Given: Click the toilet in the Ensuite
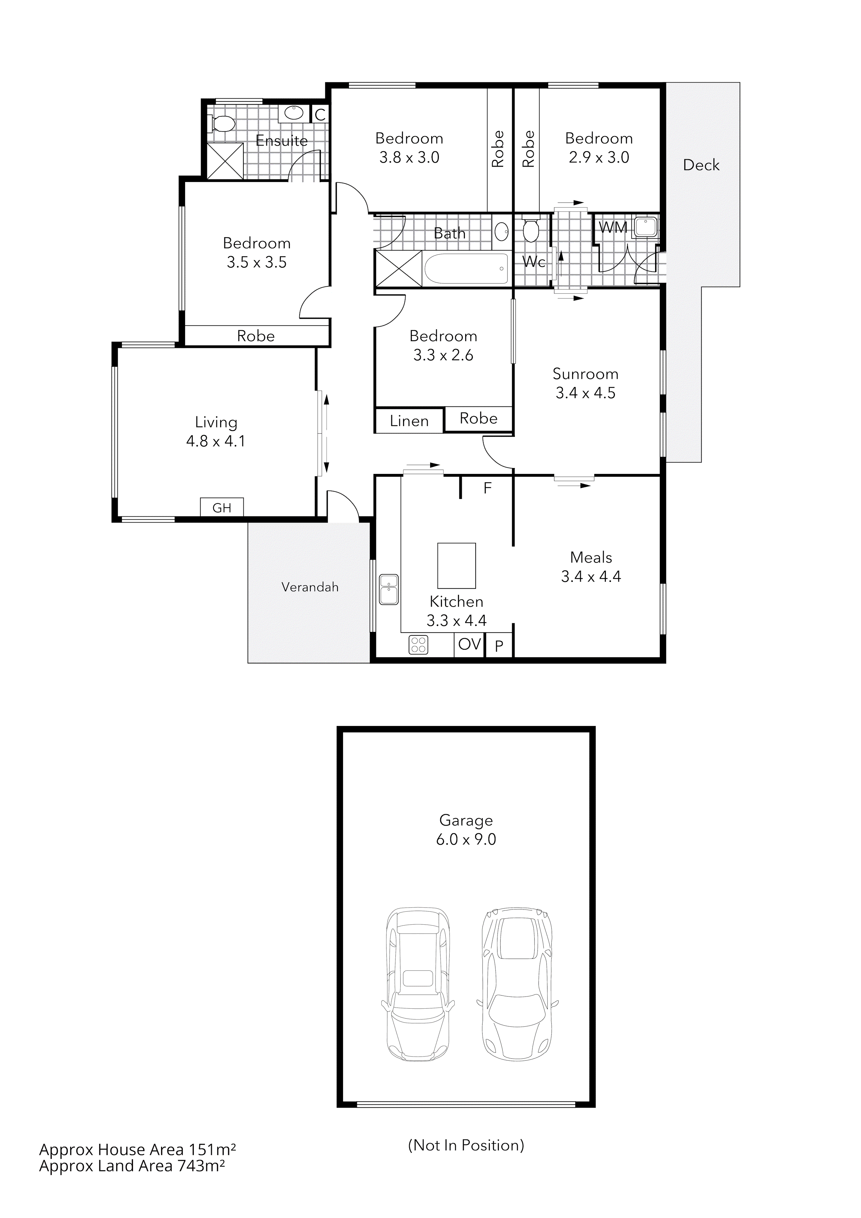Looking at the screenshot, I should point(223,124).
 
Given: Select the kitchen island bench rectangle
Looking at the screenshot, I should point(456,566).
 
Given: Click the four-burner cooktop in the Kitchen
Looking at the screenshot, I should point(419,644).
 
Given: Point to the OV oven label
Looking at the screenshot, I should point(469,644).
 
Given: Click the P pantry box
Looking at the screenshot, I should point(499,646).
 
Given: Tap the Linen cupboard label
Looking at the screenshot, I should point(409,421).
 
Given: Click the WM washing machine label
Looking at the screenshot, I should point(613,227).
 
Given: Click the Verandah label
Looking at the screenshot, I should point(310,587).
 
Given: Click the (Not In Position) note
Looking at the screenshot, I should point(466,1145).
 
